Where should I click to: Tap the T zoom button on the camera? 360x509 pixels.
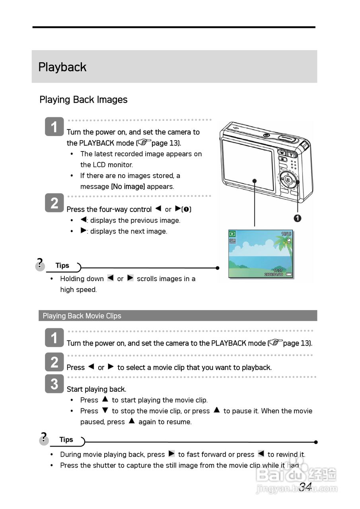(x=292, y=154)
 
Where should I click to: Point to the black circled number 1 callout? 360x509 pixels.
(x=298, y=218)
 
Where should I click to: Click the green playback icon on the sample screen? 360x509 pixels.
(x=232, y=234)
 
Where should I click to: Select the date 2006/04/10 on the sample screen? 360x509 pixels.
(x=274, y=274)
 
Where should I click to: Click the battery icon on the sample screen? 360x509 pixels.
(x=288, y=274)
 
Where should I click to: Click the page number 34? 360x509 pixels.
(x=305, y=487)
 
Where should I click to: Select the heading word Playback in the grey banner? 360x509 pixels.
(x=62, y=67)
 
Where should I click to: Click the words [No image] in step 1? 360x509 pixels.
(x=128, y=187)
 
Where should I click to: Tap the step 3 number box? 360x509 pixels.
(x=54, y=383)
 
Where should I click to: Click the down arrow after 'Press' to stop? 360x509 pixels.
(x=105, y=410)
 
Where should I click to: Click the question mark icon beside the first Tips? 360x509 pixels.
(x=40, y=264)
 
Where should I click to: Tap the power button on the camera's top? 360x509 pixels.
(x=266, y=135)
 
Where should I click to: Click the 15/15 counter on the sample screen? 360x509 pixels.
(x=286, y=234)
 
